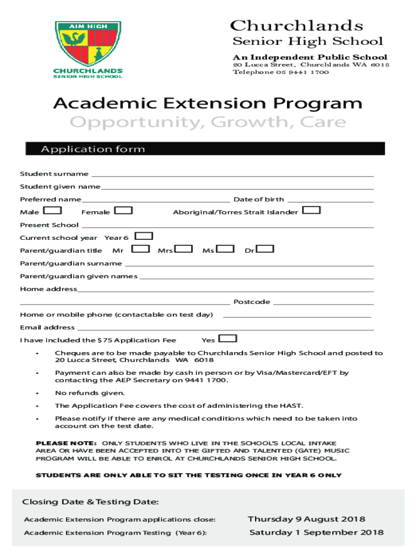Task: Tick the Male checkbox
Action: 52,211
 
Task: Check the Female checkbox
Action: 124,211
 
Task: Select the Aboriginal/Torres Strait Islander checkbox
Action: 312,210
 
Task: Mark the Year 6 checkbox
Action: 144,236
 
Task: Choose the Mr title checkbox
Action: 140,249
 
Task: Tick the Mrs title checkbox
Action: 184,249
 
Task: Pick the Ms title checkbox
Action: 226,249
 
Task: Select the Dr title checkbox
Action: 265,249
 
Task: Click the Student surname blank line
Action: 232,175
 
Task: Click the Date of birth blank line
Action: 330,200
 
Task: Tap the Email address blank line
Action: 224,328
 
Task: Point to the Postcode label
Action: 252,302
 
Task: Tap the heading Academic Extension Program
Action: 208,103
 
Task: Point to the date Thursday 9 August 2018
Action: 306,520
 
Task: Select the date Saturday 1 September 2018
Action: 316,532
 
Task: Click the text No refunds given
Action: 90,393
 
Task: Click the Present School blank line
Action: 227,226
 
